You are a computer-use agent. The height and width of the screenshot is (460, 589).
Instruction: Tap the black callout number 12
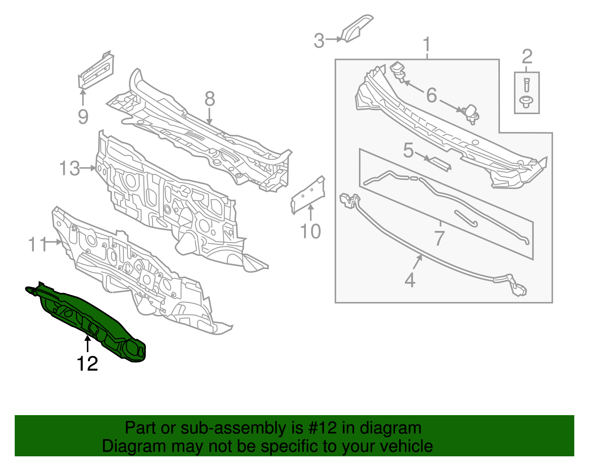pyautogui.click(x=87, y=364)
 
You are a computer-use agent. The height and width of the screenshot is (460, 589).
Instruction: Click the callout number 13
pyautogui.click(x=70, y=169)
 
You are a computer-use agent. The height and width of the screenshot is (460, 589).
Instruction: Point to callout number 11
pyautogui.click(x=38, y=244)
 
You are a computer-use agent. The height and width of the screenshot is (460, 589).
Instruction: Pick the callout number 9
pyautogui.click(x=83, y=117)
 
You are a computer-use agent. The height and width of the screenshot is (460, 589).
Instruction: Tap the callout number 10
pyautogui.click(x=310, y=231)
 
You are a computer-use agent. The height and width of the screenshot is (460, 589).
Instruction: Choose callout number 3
pyautogui.click(x=319, y=41)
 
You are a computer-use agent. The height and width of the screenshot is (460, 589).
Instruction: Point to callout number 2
pyautogui.click(x=527, y=57)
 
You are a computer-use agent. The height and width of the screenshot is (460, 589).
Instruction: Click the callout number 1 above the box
pyautogui.click(x=427, y=45)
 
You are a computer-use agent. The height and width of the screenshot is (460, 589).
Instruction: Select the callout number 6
pyautogui.click(x=431, y=95)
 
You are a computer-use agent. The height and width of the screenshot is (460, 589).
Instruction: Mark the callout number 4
pyautogui.click(x=410, y=280)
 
